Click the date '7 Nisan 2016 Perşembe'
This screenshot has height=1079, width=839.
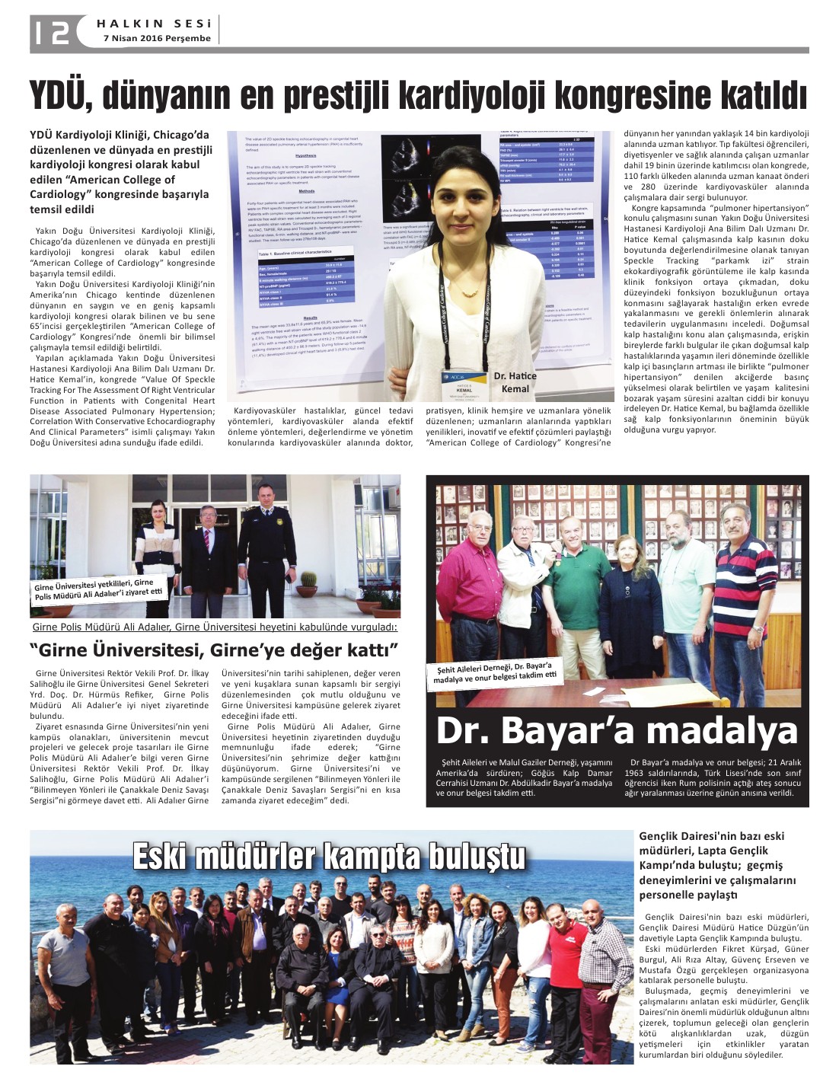pos(157,38)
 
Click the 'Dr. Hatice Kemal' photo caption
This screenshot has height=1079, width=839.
pos(515,382)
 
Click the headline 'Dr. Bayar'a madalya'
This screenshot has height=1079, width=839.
pos(617,731)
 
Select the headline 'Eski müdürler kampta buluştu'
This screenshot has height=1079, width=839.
pos(329,856)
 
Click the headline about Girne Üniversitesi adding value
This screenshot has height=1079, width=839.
pos(214,650)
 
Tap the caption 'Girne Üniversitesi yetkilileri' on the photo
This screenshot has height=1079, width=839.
pos(98,589)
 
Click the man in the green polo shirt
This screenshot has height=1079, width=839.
pos(577,586)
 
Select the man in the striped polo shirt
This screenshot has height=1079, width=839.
pos(745,586)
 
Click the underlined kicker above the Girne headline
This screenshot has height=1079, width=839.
pos(215,627)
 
